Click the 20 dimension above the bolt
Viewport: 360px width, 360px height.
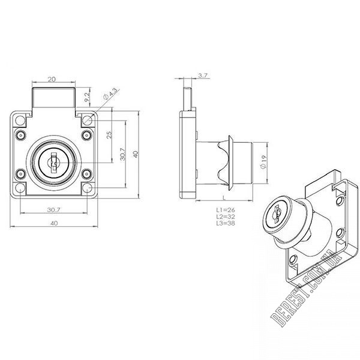click(x=52, y=79)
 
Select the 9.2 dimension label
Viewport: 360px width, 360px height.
click(x=87, y=97)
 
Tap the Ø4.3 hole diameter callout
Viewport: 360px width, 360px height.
click(x=112, y=94)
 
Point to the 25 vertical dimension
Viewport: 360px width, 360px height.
click(x=110, y=134)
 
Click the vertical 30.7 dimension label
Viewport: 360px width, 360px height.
click(x=122, y=154)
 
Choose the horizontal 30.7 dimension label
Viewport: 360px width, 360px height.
click(x=53, y=209)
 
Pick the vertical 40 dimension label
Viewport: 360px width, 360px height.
click(x=136, y=154)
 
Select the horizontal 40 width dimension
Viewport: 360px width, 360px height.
click(x=54, y=223)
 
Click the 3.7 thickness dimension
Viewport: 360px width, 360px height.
click(x=203, y=76)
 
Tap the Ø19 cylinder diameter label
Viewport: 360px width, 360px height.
click(x=264, y=162)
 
